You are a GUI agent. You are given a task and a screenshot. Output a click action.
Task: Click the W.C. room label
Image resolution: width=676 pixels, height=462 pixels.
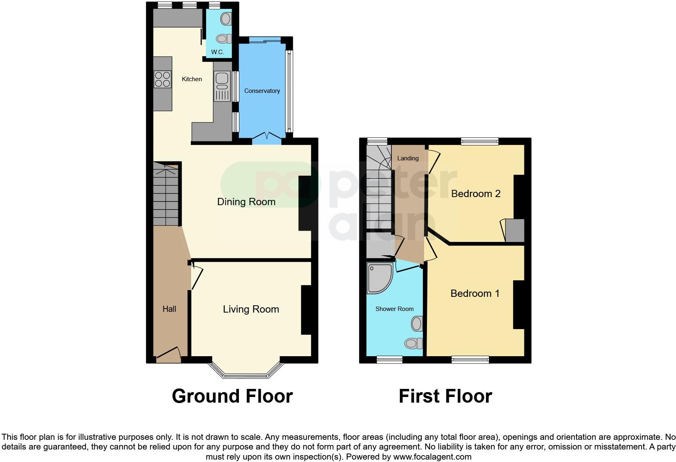point(218,52)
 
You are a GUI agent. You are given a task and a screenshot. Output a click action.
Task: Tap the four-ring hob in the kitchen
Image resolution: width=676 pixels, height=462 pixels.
point(162,79)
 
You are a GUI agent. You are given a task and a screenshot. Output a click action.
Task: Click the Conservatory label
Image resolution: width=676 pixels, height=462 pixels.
point(262,91)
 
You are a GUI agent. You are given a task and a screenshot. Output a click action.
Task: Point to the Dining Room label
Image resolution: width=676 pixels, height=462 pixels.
point(246,202)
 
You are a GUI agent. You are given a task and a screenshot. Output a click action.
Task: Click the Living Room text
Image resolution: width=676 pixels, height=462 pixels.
point(251,309)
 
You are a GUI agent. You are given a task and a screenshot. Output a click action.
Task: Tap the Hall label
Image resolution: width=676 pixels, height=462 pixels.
point(169,309)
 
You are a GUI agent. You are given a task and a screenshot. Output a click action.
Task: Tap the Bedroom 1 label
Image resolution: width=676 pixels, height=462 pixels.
point(475,294)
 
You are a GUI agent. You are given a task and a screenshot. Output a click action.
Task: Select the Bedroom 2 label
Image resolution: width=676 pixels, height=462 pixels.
point(475,194)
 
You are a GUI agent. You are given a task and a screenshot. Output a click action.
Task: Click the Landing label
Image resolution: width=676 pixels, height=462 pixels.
point(408,158)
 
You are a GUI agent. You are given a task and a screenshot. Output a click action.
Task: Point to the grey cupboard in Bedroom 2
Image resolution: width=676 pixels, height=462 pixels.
point(515,230)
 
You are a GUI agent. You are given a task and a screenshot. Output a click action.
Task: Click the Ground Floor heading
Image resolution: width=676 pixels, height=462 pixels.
point(232,396)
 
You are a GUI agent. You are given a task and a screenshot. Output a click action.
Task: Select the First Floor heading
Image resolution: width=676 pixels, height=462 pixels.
point(445,396)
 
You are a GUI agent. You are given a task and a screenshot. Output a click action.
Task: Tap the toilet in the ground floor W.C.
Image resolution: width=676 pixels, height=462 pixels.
point(222,39)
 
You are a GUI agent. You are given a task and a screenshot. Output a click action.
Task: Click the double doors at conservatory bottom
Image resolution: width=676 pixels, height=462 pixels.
point(267,137)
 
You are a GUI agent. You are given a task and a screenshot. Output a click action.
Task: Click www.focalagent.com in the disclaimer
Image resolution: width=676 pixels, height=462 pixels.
point(432,457)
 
